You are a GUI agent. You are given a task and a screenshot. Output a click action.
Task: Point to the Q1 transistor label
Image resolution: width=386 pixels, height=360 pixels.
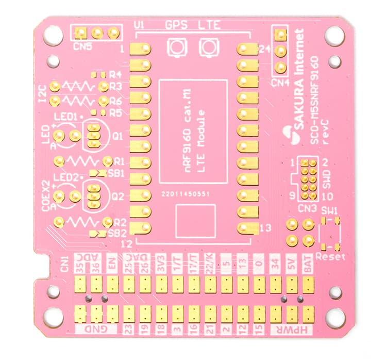pos(118,136)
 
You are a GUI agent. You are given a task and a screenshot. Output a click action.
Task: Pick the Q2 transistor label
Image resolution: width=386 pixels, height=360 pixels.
pos(118,197)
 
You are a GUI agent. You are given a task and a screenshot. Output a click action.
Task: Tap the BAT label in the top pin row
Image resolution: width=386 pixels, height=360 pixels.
pos(307,264)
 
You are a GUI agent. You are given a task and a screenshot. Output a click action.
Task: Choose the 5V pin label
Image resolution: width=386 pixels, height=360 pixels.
pos(291,264)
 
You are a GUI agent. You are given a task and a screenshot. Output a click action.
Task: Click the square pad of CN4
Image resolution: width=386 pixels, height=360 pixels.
pos(280,35)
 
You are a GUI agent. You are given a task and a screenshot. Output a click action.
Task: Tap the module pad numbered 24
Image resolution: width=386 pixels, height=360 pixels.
pos(247,50)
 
